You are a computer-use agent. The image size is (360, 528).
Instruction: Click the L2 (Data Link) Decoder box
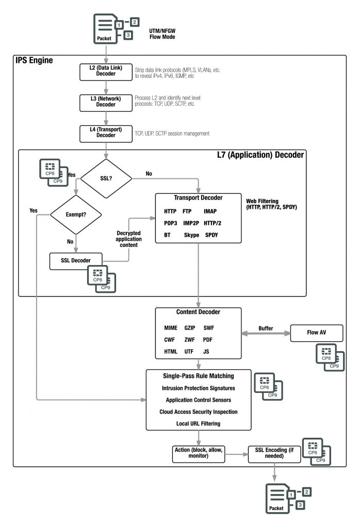[106, 72]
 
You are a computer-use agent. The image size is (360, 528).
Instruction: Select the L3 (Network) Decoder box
[106, 102]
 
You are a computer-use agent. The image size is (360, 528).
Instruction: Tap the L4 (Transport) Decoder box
[106, 133]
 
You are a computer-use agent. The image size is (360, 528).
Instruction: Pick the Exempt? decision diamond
[75, 213]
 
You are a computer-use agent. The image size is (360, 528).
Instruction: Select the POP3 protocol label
[170, 223]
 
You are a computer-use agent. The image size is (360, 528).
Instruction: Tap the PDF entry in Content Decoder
[208, 340]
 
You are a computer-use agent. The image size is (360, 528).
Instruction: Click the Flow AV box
[316, 333]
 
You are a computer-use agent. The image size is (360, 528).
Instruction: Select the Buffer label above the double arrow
[266, 328]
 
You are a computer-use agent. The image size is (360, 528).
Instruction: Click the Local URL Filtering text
[198, 423]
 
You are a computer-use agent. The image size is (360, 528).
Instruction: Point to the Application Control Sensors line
[198, 400]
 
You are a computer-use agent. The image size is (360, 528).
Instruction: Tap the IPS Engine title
[34, 61]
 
